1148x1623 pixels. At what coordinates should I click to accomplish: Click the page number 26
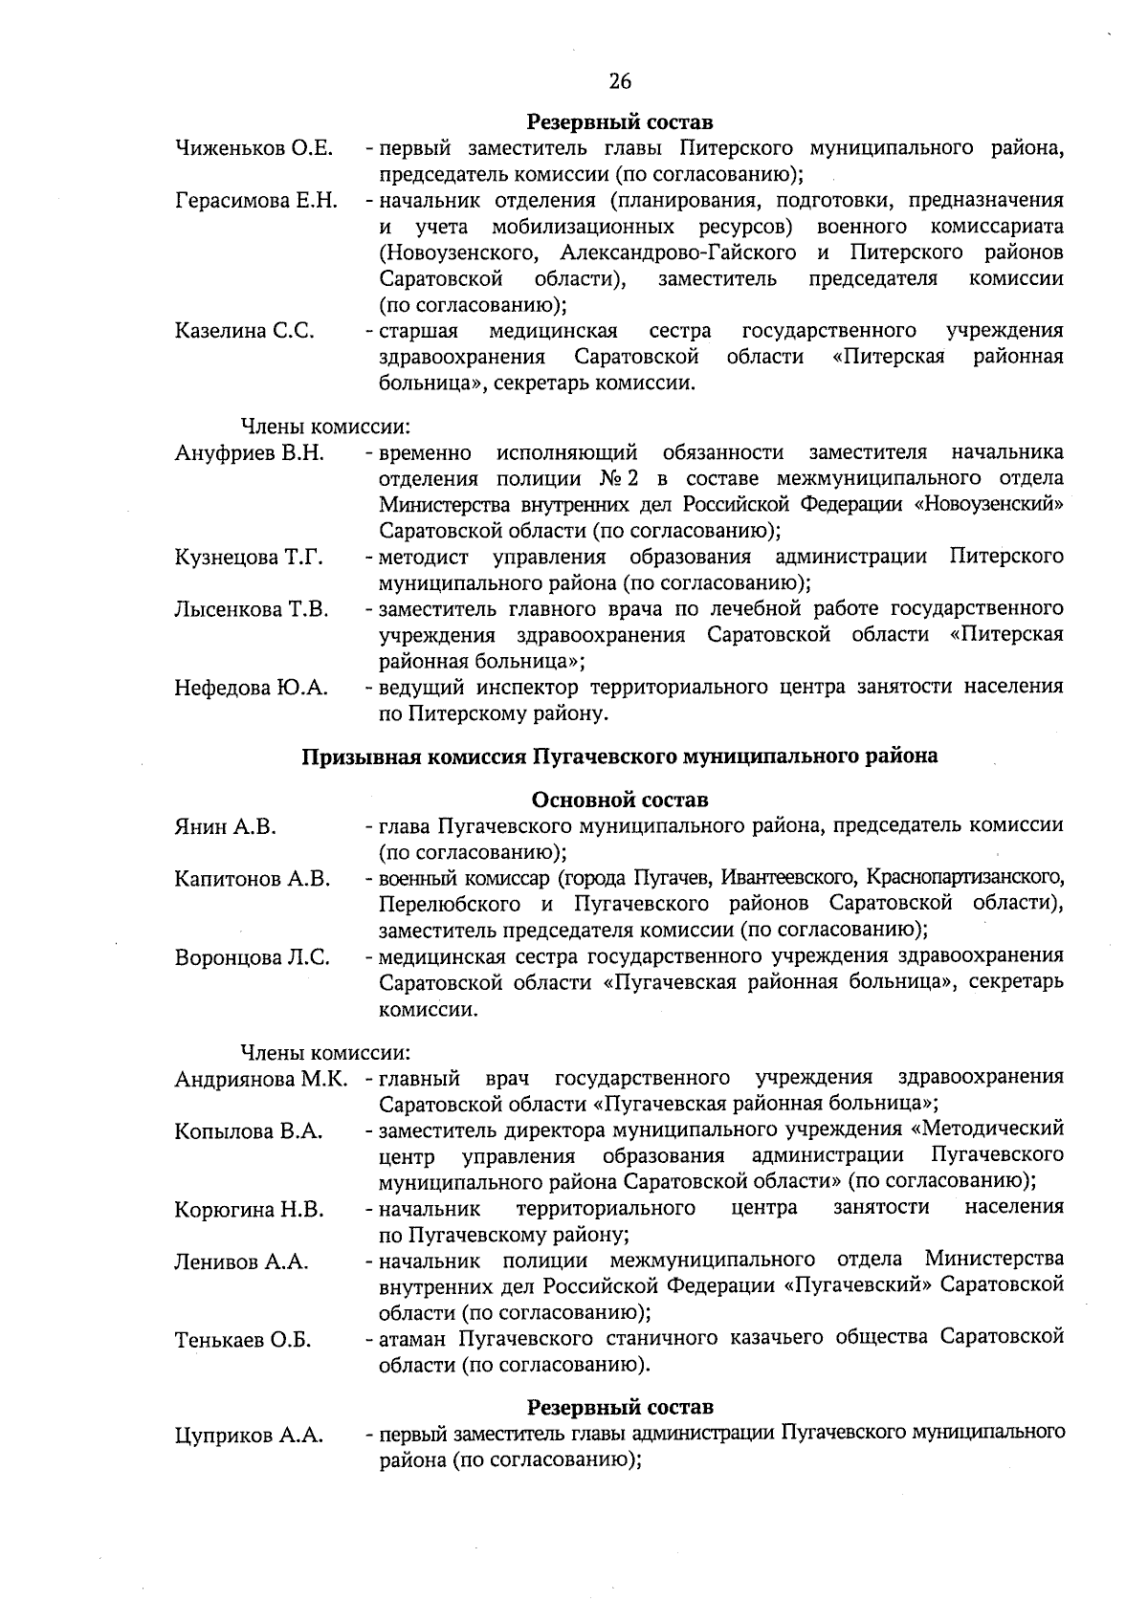coord(620,81)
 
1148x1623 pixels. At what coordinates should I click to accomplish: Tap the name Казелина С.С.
coord(245,332)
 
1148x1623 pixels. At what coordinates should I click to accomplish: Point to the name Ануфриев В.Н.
coord(250,453)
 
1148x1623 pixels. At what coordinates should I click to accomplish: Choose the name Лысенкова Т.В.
coord(252,610)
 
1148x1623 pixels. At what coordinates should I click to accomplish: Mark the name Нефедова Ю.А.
coord(251,689)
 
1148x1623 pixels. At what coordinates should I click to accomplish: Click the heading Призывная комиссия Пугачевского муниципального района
coord(620,757)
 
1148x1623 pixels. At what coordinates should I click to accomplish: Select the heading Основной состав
coord(620,800)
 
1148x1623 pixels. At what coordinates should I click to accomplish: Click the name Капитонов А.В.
coord(253,879)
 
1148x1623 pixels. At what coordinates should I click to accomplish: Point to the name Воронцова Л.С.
coord(253,957)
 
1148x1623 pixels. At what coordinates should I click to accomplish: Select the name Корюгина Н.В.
coord(249,1210)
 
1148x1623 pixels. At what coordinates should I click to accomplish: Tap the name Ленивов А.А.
coord(241,1262)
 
